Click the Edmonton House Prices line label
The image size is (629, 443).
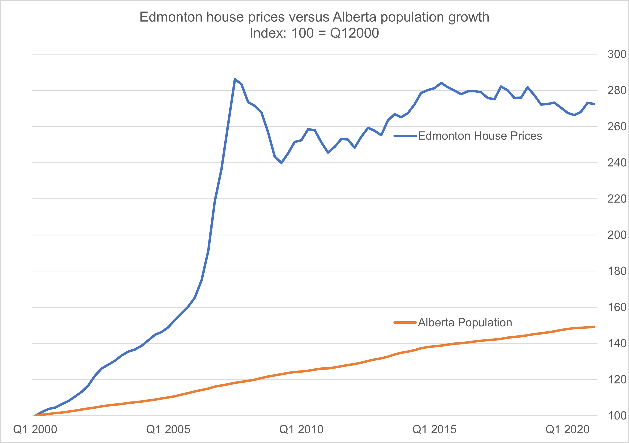(x=480, y=136)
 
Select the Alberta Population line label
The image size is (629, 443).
(x=465, y=323)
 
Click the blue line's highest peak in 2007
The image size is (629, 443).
(x=235, y=79)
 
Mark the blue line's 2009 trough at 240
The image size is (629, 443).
(x=282, y=163)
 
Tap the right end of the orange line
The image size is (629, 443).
(x=594, y=327)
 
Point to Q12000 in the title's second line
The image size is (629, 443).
(x=354, y=33)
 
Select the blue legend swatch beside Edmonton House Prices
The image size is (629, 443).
(x=405, y=136)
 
